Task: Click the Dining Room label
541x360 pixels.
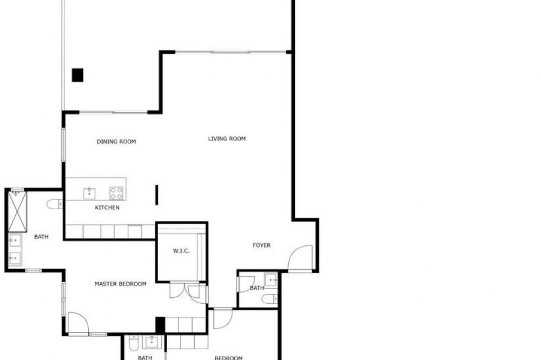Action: pyautogui.click(x=116, y=142)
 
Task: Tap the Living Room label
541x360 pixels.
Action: pyautogui.click(x=227, y=138)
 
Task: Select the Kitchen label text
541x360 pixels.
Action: pyautogui.click(x=107, y=207)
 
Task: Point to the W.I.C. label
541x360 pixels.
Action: pyautogui.click(x=181, y=251)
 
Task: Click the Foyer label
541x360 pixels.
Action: pyautogui.click(x=261, y=245)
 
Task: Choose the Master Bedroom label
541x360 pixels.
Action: pyautogui.click(x=121, y=284)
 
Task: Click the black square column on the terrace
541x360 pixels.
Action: pyautogui.click(x=77, y=75)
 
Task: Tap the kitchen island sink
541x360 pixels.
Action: pyautogui.click(x=89, y=194)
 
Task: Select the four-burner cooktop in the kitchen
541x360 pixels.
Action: pyautogui.click(x=116, y=193)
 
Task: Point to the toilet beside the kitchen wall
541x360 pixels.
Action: pyautogui.click(x=55, y=204)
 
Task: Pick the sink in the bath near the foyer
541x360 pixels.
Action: pyautogui.click(x=271, y=280)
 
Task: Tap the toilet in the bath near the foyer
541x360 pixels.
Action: pyautogui.click(x=269, y=299)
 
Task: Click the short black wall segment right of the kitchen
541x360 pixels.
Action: pyautogui.click(x=157, y=195)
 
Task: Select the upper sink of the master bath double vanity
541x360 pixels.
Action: pyautogui.click(x=15, y=241)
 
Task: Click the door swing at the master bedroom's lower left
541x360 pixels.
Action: pyautogui.click(x=78, y=323)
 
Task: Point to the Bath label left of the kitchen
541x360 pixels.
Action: pyautogui.click(x=42, y=237)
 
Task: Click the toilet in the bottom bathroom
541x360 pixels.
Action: pyautogui.click(x=133, y=343)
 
